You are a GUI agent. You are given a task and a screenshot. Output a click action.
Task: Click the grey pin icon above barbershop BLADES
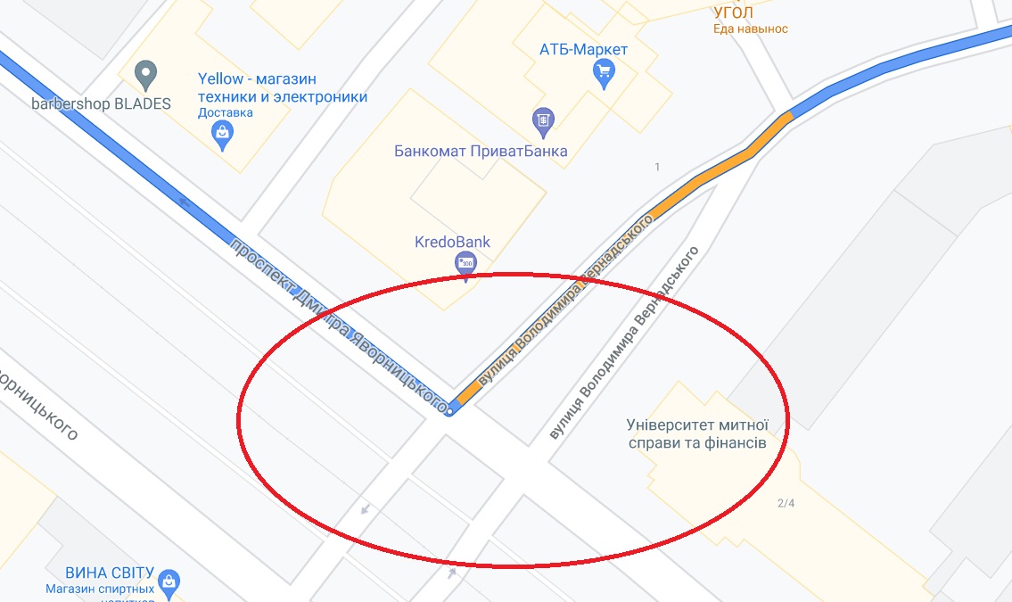click(145, 73)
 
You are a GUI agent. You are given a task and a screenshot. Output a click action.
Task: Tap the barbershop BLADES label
click(101, 103)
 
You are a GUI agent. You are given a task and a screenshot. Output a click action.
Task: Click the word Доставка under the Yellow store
click(226, 113)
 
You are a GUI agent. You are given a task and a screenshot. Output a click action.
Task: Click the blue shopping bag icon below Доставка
click(222, 136)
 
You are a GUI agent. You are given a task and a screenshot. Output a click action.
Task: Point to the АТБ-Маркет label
click(584, 49)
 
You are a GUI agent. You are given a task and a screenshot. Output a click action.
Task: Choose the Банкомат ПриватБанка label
click(481, 151)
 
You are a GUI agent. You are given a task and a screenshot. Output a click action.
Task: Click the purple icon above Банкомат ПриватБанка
click(542, 119)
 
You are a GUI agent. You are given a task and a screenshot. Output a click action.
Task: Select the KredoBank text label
click(452, 242)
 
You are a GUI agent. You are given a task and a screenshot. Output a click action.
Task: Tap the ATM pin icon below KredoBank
click(465, 263)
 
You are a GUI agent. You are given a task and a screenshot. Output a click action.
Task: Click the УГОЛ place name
click(734, 12)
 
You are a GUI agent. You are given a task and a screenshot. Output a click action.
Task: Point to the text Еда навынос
click(750, 29)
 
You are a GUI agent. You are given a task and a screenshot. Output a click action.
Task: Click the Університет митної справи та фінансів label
click(696, 433)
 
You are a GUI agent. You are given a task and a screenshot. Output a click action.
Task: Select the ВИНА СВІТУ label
click(110, 573)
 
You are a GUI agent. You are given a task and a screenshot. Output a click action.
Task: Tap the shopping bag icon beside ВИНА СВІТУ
click(169, 582)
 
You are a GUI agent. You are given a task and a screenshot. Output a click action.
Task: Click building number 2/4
click(786, 503)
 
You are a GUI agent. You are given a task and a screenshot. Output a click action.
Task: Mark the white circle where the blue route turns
click(451, 409)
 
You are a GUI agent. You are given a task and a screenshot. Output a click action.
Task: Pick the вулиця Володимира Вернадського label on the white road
click(623, 343)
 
